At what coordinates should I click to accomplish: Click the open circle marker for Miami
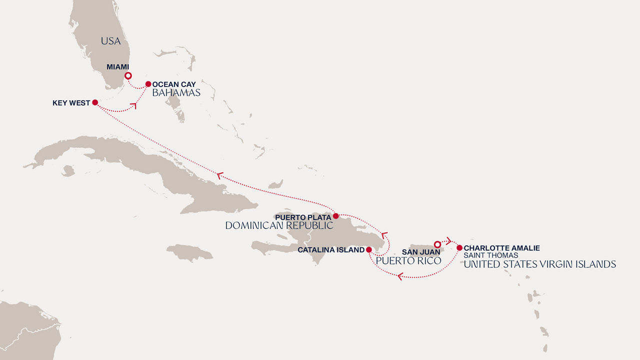[x=128, y=76]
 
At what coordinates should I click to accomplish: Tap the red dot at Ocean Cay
[x=148, y=84]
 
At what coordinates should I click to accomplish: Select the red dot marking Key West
[x=95, y=102]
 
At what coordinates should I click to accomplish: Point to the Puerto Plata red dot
[x=336, y=216]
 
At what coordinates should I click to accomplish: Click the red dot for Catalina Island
[x=368, y=249]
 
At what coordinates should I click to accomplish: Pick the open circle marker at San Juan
[x=437, y=244]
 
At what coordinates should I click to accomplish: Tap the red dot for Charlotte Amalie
[x=459, y=247]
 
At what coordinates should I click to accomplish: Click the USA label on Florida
[x=110, y=41]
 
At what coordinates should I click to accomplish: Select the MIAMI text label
[x=118, y=67]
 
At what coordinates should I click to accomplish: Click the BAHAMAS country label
[x=176, y=93]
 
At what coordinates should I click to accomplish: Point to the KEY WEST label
[x=71, y=103]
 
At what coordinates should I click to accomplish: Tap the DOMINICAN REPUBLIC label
[x=279, y=225]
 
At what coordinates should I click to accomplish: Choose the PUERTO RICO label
[x=408, y=260]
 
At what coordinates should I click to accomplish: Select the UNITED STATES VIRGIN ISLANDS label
[x=539, y=264]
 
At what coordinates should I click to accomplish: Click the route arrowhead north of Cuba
[x=219, y=175]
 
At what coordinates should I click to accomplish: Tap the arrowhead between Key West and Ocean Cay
[x=133, y=105]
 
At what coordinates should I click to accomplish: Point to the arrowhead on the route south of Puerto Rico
[x=400, y=275]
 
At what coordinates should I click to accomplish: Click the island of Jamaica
[x=189, y=252]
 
